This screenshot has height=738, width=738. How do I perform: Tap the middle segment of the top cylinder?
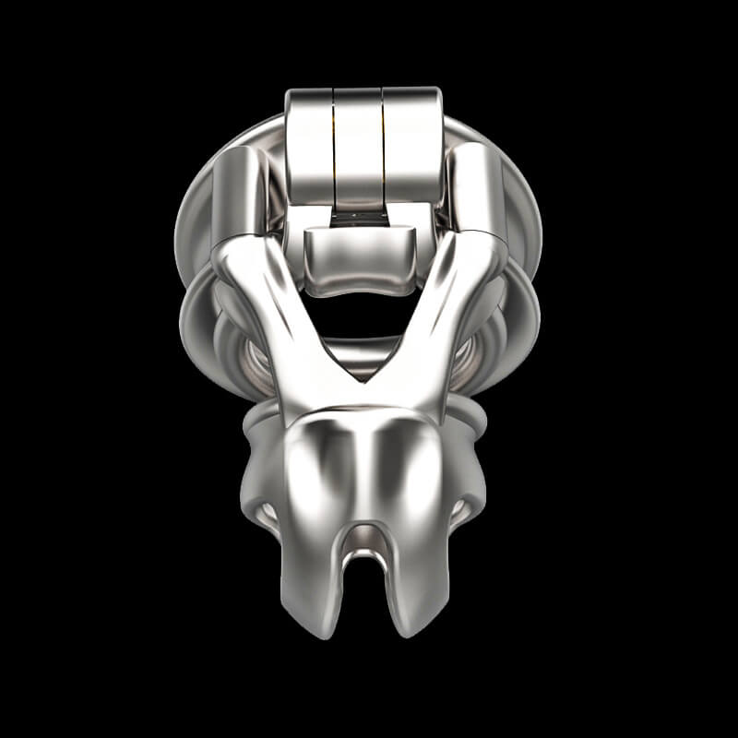coord(358,143)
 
